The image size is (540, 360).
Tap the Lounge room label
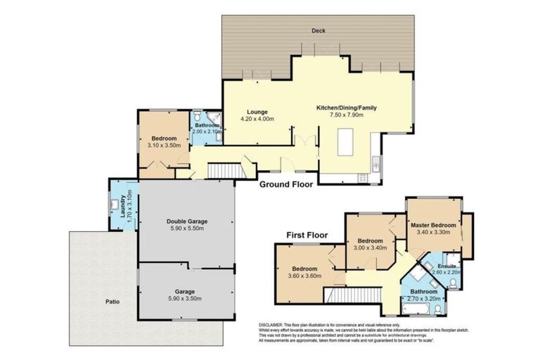pyautogui.click(x=257, y=112)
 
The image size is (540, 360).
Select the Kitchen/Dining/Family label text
pyautogui.click(x=347, y=108)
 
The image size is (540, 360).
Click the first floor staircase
pyautogui.click(x=370, y=295)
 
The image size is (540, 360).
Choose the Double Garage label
pyautogui.click(x=186, y=221)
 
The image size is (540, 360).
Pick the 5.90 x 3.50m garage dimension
pyautogui.click(x=186, y=299)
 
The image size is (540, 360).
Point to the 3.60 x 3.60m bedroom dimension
pyautogui.click(x=304, y=276)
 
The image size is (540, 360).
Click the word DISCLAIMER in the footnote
pyautogui.click(x=275, y=326)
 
